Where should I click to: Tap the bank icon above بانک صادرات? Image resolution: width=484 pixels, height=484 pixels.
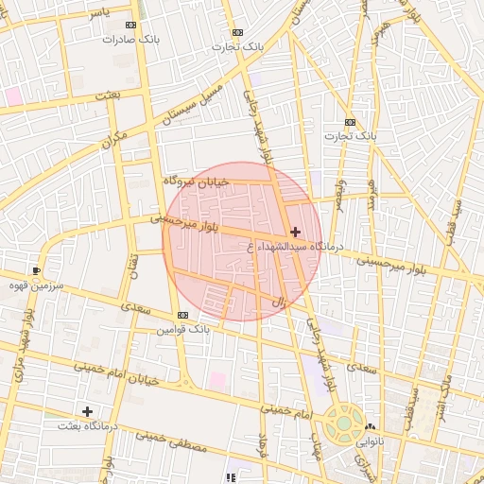[x=130, y=26]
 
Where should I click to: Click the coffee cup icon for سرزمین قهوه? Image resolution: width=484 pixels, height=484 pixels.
[x=37, y=270]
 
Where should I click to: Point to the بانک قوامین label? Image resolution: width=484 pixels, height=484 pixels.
[x=182, y=329]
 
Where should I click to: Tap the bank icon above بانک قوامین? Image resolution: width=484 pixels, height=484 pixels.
[x=181, y=316]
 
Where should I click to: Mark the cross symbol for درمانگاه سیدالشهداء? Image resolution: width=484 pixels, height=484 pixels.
[x=295, y=232]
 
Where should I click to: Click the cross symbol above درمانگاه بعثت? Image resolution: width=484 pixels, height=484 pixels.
[x=87, y=411]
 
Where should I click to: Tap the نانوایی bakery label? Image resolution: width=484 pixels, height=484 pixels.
[x=370, y=441]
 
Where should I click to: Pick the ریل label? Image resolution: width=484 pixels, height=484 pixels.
[x=278, y=302]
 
